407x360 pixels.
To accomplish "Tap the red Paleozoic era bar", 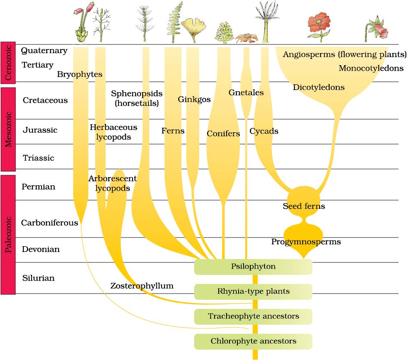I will point(8,235).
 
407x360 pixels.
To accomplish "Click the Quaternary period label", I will point(44,51).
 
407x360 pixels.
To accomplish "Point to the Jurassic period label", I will point(40,130).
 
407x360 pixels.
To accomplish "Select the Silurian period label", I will point(38,278).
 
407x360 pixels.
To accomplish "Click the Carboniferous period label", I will point(49,223).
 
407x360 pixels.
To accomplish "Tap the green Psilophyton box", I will point(253,267).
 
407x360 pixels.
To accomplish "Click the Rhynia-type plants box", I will point(253,291).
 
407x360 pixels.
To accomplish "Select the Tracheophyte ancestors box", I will point(253,316).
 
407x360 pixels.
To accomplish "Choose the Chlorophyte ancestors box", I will point(253,341).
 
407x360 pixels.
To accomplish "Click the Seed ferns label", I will point(303,206).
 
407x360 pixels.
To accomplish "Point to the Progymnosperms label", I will point(306,242).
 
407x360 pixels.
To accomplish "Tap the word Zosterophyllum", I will point(142,286).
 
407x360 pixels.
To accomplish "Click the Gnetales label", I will point(246,93).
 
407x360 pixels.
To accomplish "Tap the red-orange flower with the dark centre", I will point(319,23).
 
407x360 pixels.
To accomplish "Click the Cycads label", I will point(264,131).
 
